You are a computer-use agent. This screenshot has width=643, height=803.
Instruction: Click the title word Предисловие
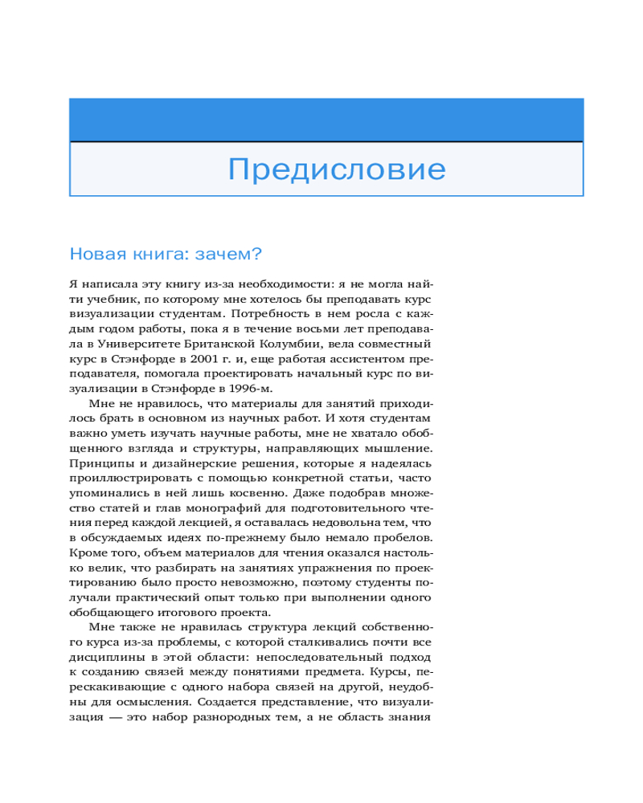coord(336,170)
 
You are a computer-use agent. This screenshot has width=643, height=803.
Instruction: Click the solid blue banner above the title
coord(326,120)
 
